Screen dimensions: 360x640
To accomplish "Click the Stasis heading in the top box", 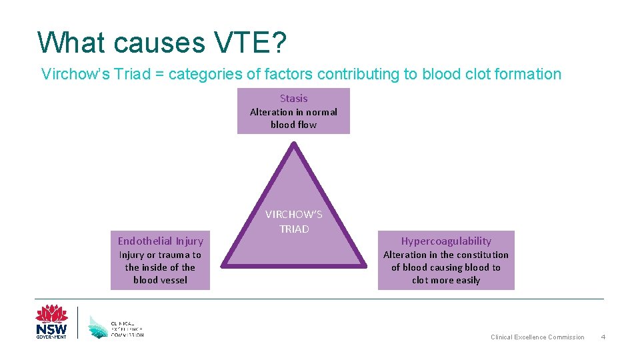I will point(293,98).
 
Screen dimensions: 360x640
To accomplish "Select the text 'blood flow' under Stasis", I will point(293,125).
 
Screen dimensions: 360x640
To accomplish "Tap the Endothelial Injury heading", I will point(160,241).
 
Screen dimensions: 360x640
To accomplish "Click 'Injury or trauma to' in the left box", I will point(160,255).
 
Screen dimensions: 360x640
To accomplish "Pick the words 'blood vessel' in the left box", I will point(160,280).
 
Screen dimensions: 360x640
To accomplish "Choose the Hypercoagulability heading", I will point(446,241).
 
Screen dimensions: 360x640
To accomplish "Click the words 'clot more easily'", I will point(446,280).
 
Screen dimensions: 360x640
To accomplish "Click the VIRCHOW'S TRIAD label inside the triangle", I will point(293,222).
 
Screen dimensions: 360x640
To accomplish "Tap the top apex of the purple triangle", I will point(293,144).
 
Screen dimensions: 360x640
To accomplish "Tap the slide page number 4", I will point(603,337).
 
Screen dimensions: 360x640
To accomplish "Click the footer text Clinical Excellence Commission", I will point(537,337).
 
